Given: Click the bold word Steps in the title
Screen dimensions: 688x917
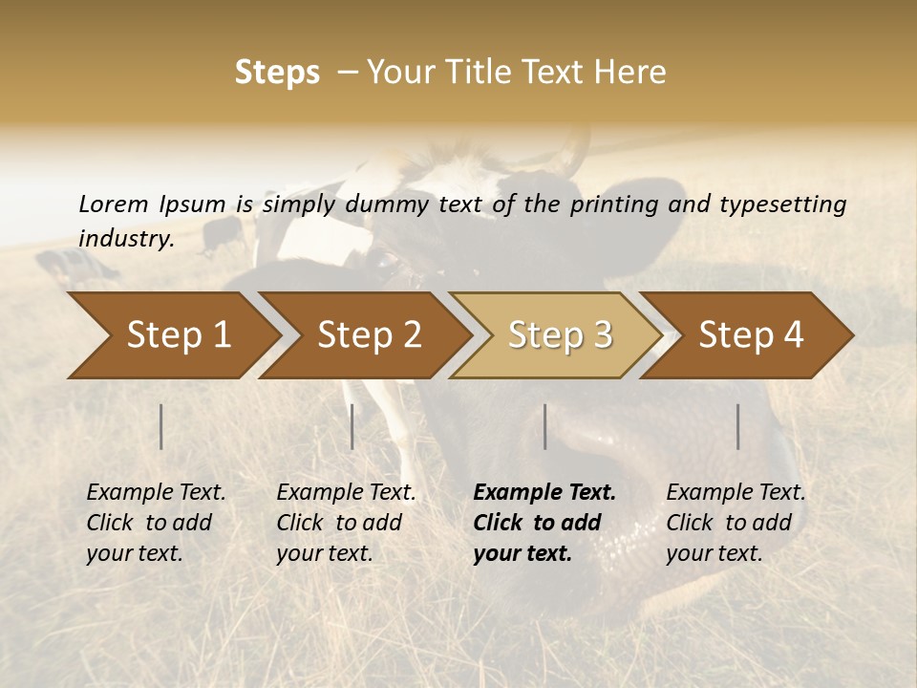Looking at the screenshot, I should pos(277,73).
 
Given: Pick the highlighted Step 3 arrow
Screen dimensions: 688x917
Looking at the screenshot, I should pos(560,335).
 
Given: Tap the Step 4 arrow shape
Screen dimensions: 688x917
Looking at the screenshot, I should pos(751,335).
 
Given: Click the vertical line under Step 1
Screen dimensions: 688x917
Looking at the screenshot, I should pos(161,426).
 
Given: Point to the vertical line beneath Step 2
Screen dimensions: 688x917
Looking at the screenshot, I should pos(352,426).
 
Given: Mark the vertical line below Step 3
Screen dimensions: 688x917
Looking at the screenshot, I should pos(545,426).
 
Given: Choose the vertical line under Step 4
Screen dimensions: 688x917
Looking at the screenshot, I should pos(738,426).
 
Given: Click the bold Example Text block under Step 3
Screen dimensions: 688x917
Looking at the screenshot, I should pos(544,523).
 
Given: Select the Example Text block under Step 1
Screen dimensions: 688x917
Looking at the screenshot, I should pos(156,523).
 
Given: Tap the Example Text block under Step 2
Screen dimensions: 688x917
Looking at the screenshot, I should pos(346,523).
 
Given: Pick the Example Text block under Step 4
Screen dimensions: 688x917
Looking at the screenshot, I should pos(736,523).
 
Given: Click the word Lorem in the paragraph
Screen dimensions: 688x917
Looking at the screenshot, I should pos(114,204).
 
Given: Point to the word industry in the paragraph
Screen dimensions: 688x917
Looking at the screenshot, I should pos(125,239).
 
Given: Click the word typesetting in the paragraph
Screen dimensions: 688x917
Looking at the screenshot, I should pos(784,204).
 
